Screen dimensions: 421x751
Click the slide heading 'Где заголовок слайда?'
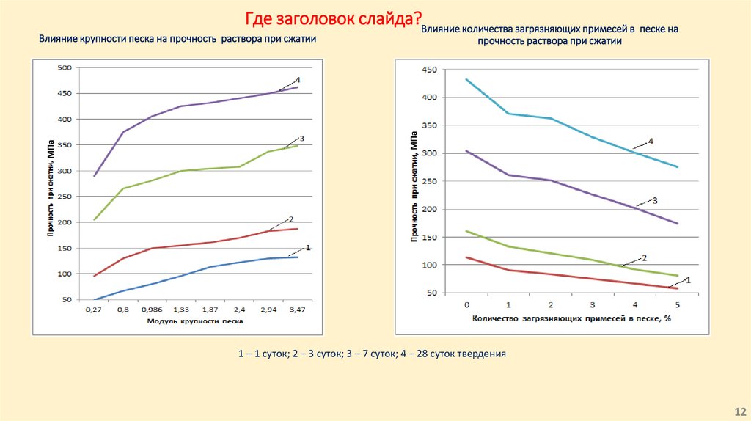tap(333, 18)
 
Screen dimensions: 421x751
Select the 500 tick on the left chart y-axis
tap(65, 68)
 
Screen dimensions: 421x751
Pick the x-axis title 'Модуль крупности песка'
tap(194, 322)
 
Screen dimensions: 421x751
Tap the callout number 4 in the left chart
tap(298, 80)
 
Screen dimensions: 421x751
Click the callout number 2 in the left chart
tap(291, 219)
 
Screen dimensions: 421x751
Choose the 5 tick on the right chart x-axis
tap(677, 304)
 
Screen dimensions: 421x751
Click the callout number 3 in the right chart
tap(655, 199)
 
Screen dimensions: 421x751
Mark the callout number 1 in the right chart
tap(689, 280)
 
